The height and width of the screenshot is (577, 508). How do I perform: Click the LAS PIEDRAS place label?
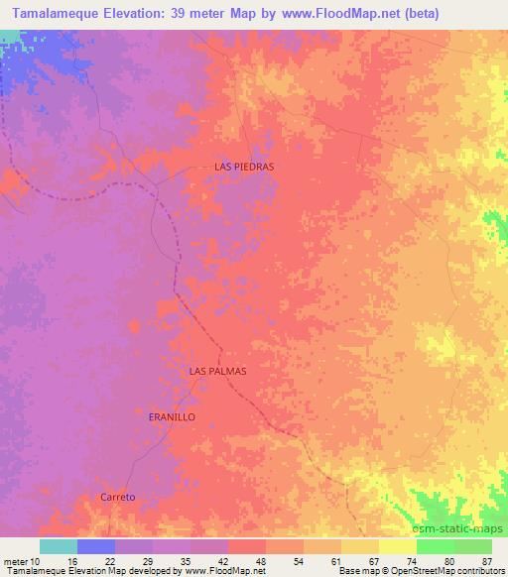click(x=244, y=168)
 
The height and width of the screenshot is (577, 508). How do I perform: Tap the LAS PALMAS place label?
click(x=217, y=370)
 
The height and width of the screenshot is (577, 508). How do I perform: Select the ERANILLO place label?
click(x=171, y=417)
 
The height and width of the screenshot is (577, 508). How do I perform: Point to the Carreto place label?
click(x=117, y=497)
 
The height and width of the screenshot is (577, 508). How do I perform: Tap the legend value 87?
click(x=487, y=561)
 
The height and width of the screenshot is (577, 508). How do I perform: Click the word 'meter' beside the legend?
click(x=17, y=561)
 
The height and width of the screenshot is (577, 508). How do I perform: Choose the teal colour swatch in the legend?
click(x=59, y=546)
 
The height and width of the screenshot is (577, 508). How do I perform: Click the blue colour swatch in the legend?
click(x=96, y=546)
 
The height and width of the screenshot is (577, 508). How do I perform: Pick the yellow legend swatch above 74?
click(x=398, y=546)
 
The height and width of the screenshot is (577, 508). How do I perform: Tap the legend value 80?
click(x=449, y=561)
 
